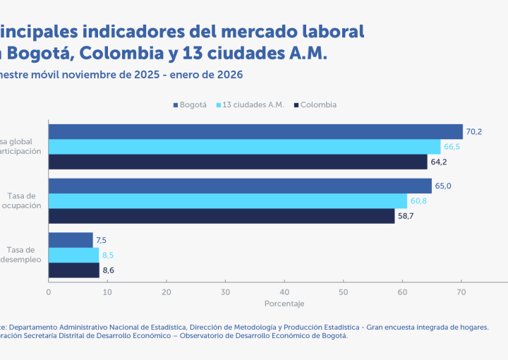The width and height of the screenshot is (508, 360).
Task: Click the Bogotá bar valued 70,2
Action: point(255,132)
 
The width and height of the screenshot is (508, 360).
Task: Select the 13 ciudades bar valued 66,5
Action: point(244,147)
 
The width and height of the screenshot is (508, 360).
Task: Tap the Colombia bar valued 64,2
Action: point(238,162)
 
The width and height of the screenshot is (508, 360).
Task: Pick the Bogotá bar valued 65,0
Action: point(240,186)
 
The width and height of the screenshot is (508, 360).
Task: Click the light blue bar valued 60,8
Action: point(228,201)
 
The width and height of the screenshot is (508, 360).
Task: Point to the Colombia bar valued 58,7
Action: point(222,216)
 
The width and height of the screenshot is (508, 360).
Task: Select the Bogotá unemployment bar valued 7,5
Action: point(71,240)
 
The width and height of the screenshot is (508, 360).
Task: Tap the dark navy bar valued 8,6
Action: point(74,270)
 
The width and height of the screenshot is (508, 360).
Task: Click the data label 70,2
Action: point(474,132)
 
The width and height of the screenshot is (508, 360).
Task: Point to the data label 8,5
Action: point(108,256)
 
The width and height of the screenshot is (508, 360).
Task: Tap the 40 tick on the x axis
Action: point(284,291)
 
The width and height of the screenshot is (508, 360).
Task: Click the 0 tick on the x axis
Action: point(49,291)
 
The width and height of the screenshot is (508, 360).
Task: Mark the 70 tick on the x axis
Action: point(461,291)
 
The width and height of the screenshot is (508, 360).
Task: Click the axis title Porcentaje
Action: point(284,304)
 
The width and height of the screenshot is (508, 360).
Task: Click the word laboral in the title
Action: point(329,31)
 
